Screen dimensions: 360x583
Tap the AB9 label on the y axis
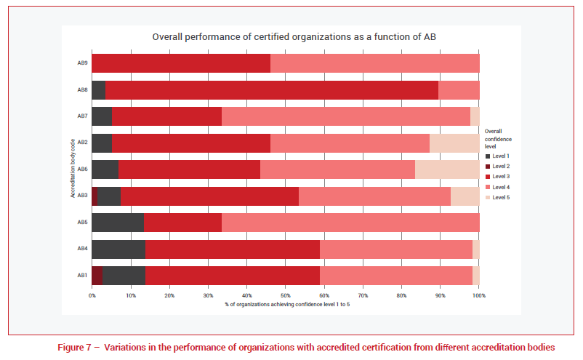[82, 63]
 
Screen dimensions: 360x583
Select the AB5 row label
[82, 222]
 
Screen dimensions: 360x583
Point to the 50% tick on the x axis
[286, 295]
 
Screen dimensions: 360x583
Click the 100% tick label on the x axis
[478, 295]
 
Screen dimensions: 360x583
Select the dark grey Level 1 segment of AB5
[118, 222]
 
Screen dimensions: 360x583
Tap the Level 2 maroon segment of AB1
[97, 275]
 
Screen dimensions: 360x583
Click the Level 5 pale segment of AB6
[447, 169]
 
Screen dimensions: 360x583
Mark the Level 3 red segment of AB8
[272, 90]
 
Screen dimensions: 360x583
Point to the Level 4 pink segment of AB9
[374, 63]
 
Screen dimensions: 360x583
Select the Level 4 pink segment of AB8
[459, 90]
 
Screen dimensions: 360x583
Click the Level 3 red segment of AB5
[182, 222]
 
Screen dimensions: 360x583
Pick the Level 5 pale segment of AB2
[454, 143]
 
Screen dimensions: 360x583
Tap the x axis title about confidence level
[286, 303]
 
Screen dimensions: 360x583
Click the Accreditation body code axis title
[73, 169]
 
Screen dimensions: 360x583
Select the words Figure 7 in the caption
[74, 348]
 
